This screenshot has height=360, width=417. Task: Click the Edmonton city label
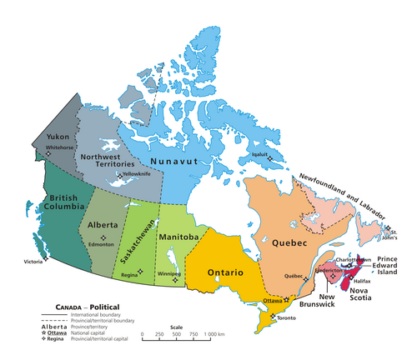(101, 242)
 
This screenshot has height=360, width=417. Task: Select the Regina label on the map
(129, 274)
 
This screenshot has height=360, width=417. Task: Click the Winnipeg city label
(170, 273)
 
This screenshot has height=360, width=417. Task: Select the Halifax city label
(361, 282)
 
